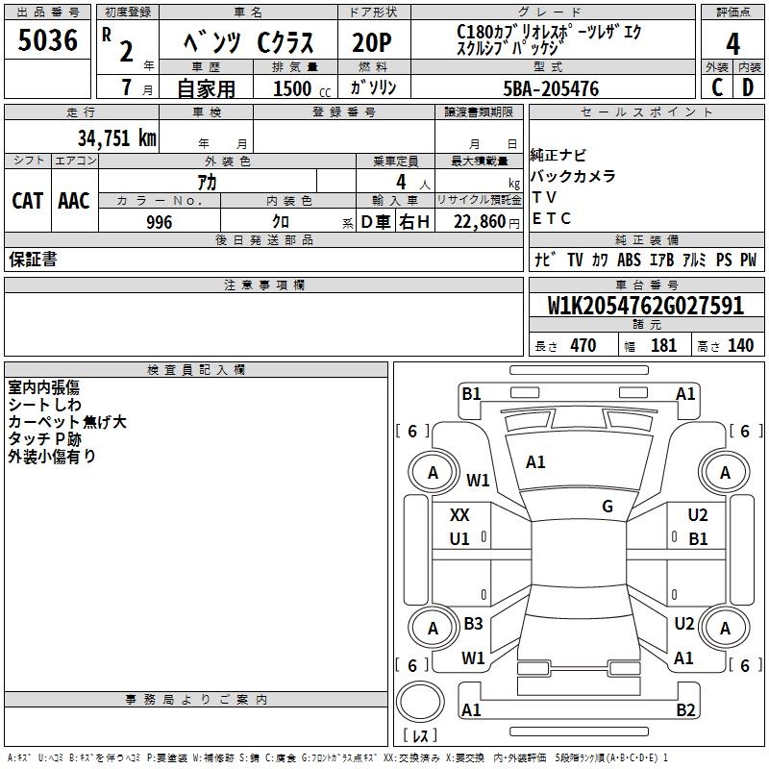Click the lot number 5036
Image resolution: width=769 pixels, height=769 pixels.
coord(47,40)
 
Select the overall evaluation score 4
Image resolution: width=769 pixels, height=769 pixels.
coord(732,44)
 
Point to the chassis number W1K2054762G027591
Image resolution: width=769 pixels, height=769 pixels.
coord(646,306)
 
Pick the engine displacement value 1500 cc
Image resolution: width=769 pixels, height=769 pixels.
coord(295,88)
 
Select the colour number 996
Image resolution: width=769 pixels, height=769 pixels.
coord(160,222)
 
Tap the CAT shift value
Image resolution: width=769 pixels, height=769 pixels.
coord(27,201)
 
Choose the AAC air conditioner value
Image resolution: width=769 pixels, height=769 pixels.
coord(74,201)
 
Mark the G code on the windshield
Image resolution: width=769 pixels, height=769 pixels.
coord(608,507)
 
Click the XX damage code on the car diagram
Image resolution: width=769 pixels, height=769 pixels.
coord(460,515)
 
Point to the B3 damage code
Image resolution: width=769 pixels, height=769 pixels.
coord(473,624)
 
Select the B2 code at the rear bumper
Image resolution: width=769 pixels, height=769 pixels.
coord(684,710)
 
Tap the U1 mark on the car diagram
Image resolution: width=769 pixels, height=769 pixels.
coord(460,539)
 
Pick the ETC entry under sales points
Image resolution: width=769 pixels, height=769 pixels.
coord(552,218)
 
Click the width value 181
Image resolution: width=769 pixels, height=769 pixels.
coord(664,346)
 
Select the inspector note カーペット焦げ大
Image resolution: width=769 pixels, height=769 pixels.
coord(67,422)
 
